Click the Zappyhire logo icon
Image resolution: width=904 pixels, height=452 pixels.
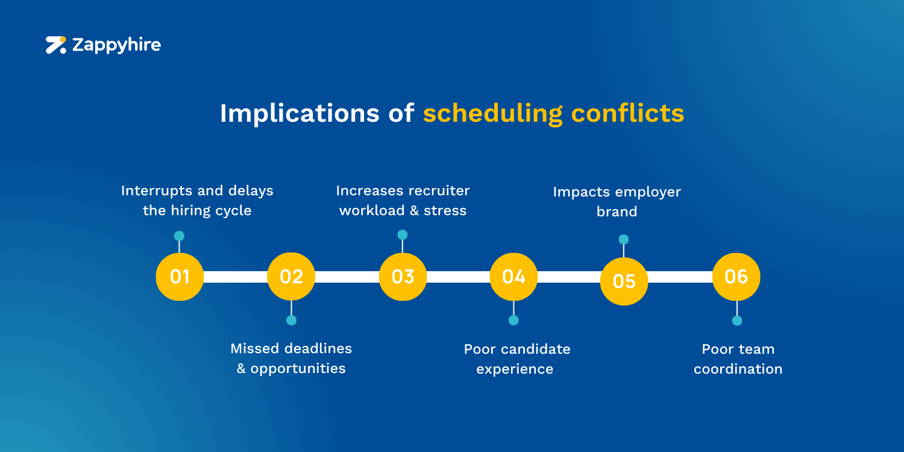coord(56,45)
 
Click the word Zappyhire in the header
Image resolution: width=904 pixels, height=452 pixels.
coord(116,45)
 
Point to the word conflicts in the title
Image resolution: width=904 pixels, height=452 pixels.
coord(627,113)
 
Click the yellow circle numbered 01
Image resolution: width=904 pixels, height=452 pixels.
coord(180,277)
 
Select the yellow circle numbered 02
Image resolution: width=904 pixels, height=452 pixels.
coord(291,277)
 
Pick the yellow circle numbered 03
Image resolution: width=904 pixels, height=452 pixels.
coord(403,277)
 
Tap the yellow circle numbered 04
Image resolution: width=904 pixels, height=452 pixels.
coord(513,277)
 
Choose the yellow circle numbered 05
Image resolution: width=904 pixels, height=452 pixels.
coord(624,281)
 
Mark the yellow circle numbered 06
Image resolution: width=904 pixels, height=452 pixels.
coord(736,277)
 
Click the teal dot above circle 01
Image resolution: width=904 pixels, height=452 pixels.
coord(179,236)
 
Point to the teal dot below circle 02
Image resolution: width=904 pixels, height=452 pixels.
coord(291,320)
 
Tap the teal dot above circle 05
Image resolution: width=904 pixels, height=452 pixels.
coord(624,239)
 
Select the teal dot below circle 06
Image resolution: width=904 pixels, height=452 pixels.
coord(736,321)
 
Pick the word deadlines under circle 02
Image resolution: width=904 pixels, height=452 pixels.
coord(318,348)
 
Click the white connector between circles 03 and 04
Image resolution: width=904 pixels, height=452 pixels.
coord(458,277)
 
